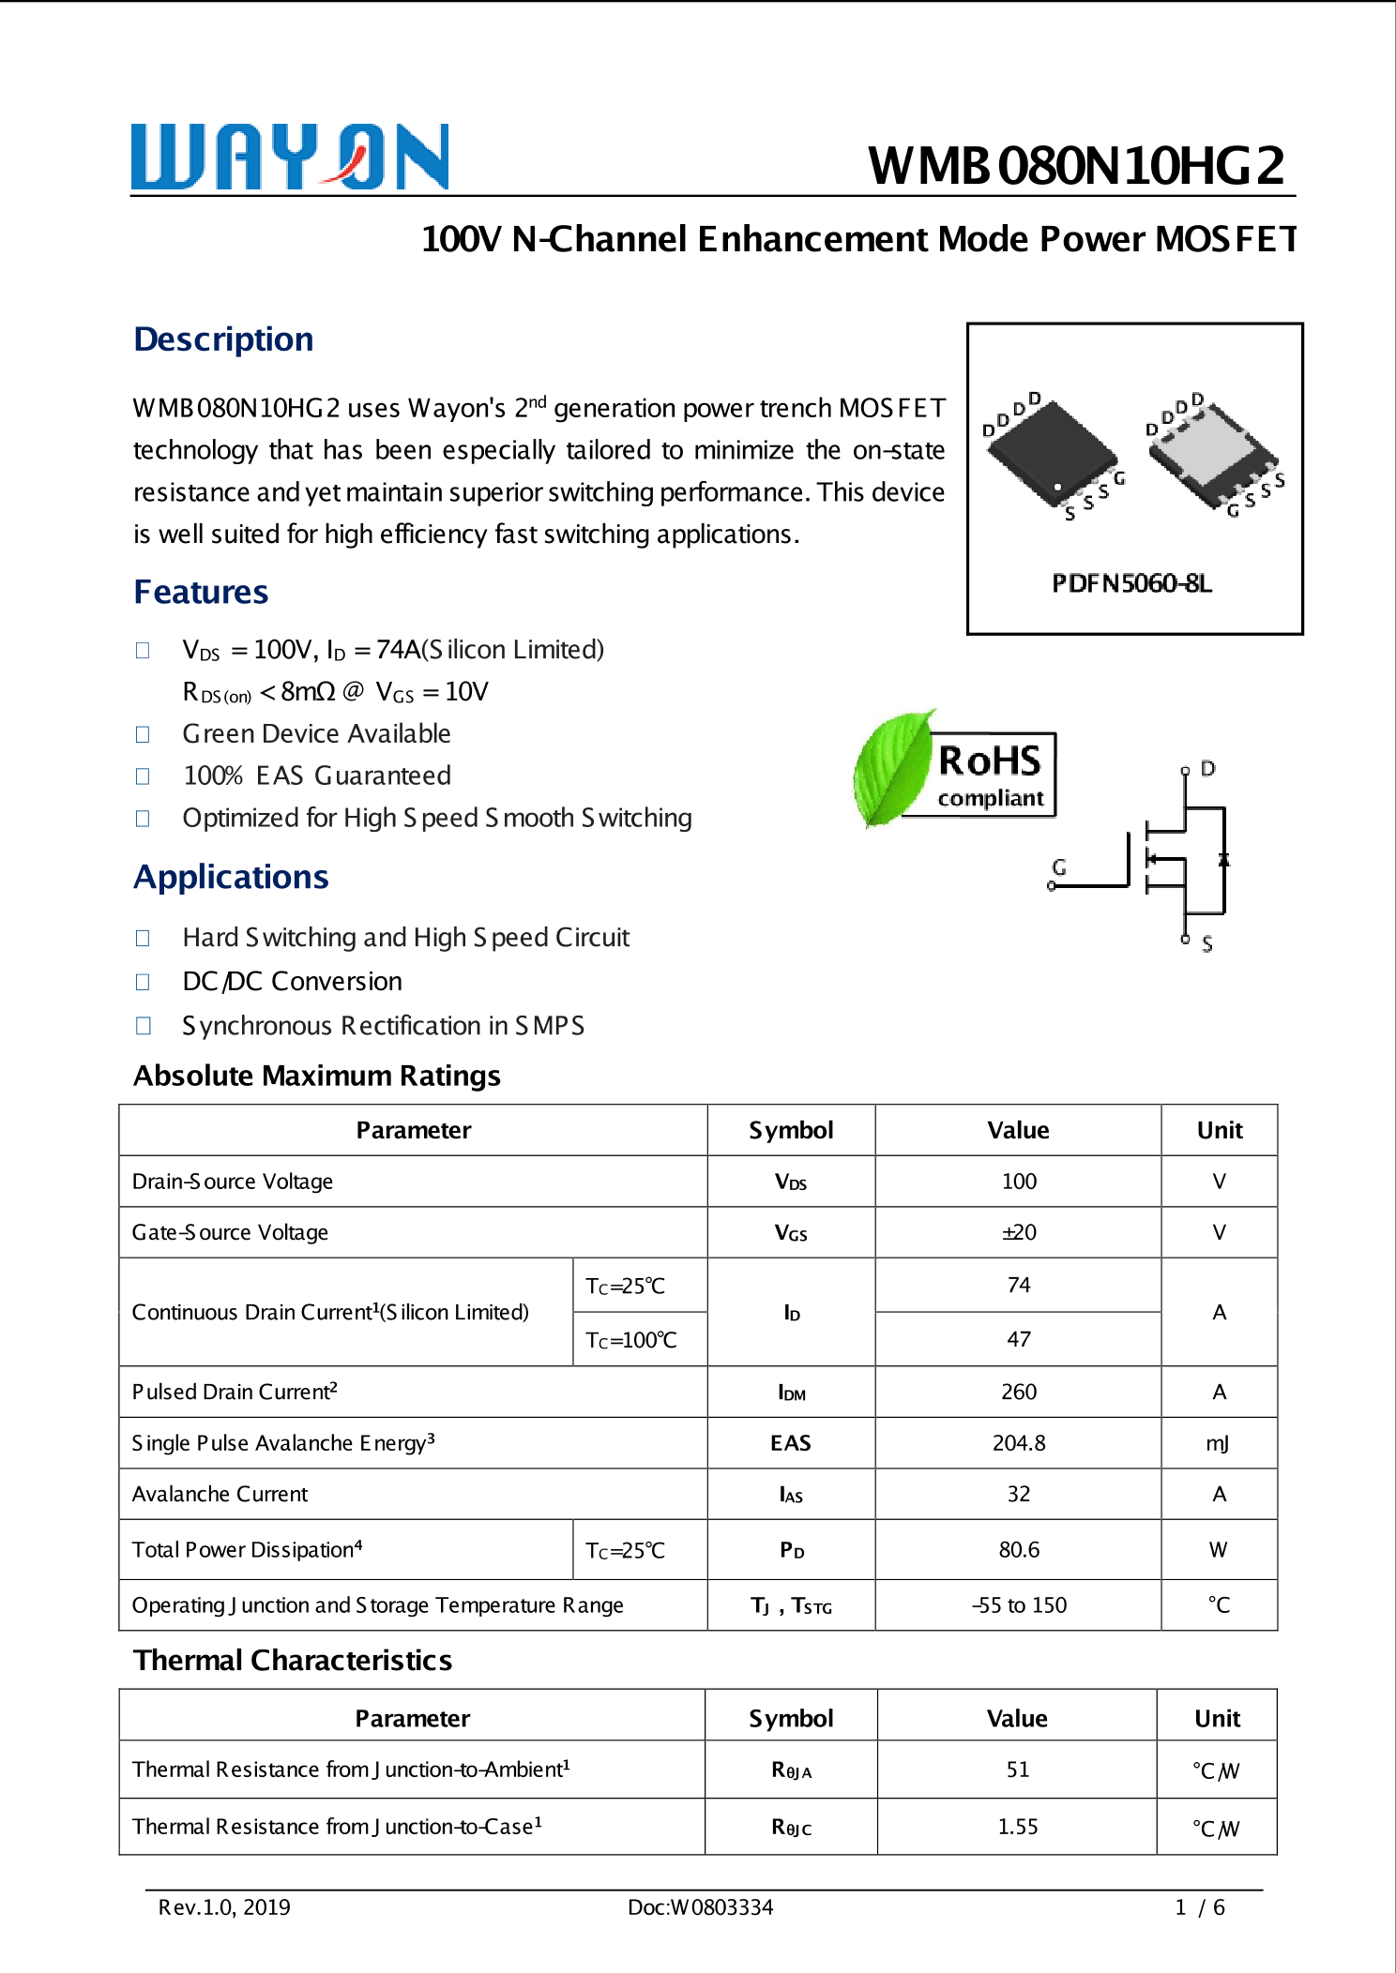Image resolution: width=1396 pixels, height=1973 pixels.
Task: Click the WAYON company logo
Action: click(x=289, y=157)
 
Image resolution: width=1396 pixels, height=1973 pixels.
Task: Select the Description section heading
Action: click(x=223, y=339)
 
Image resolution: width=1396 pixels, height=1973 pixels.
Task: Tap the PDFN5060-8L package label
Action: click(x=1131, y=583)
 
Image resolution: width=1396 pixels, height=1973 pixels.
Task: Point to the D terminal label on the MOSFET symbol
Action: click(x=1208, y=768)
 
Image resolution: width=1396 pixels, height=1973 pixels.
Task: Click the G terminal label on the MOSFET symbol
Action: click(x=1059, y=866)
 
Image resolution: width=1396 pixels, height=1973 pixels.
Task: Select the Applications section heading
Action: click(x=231, y=877)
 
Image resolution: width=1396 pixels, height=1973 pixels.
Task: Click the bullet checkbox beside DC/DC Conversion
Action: click(x=143, y=982)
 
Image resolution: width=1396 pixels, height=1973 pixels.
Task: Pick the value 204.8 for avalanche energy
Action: click(x=1018, y=1443)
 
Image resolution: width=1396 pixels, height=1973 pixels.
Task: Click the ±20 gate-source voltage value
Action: click(x=1018, y=1232)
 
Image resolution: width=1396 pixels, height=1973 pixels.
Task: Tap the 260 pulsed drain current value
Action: click(x=1018, y=1392)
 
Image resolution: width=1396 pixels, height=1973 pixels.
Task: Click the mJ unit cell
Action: click(x=1218, y=1443)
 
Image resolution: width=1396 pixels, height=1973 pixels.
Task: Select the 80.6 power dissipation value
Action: click(x=1018, y=1549)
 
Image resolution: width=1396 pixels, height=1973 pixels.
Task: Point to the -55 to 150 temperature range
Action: click(x=1019, y=1605)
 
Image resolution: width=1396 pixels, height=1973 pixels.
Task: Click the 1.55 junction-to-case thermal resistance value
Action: click(x=1017, y=1827)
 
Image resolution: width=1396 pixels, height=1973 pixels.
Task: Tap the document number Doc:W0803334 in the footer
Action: click(x=700, y=1907)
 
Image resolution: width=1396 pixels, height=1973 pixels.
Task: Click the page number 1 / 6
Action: click(x=1200, y=1907)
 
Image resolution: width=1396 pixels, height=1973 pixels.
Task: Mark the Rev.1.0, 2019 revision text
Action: click(x=224, y=1907)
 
